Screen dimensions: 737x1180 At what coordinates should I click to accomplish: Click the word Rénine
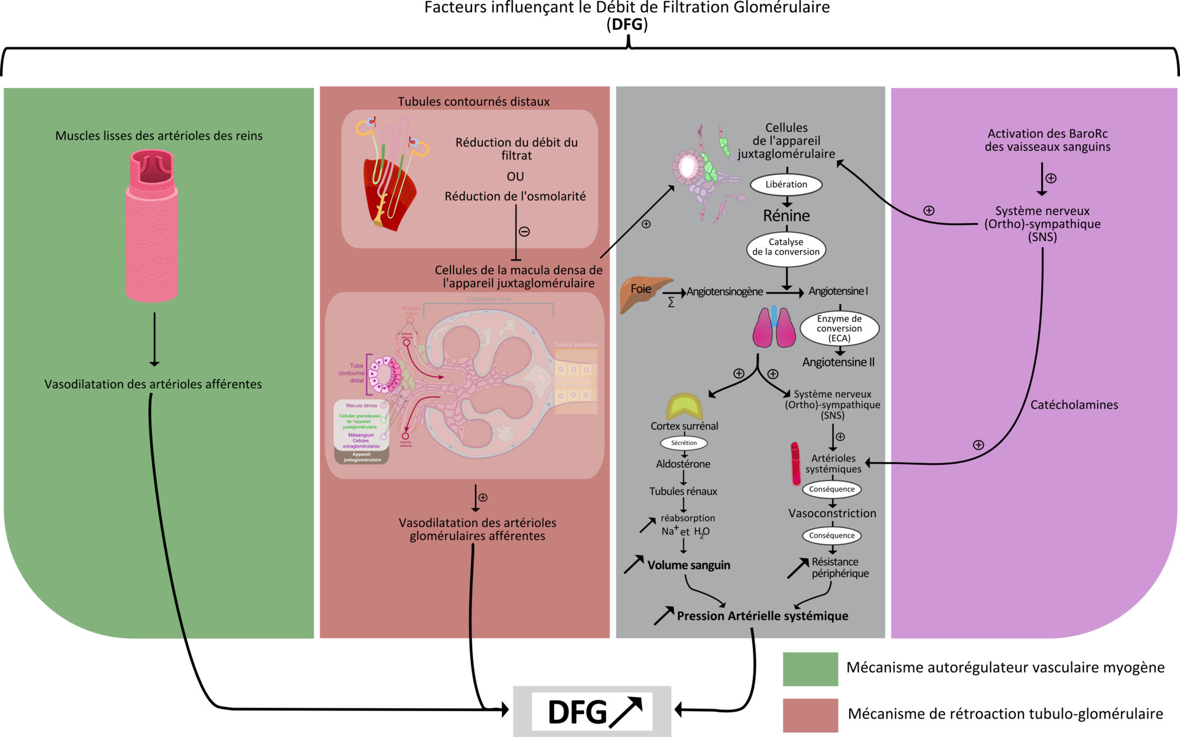786,216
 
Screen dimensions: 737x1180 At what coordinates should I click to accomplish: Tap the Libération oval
786,184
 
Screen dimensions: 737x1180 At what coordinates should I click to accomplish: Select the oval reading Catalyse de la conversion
786,247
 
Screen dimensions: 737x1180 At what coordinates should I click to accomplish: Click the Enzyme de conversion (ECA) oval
839,328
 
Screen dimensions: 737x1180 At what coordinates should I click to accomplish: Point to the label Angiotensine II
838,362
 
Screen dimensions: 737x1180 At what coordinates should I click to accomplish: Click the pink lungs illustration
774,327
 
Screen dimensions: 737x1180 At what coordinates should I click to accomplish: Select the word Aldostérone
683,464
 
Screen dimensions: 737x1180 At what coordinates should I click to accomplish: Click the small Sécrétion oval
683,443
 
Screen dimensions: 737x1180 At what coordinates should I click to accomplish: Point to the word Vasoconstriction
832,513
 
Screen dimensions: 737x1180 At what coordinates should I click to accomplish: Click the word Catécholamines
1074,405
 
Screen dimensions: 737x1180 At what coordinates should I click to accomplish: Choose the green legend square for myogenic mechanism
810,669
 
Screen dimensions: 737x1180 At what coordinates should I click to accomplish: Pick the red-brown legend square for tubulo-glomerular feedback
810,715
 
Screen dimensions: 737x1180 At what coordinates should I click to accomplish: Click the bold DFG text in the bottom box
577,712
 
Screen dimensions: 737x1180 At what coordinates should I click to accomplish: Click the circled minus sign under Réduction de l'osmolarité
524,232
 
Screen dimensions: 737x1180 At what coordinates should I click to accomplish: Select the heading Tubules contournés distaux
473,101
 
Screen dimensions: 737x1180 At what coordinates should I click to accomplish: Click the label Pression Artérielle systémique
762,616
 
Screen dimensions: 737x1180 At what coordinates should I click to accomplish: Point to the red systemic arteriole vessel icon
796,463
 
